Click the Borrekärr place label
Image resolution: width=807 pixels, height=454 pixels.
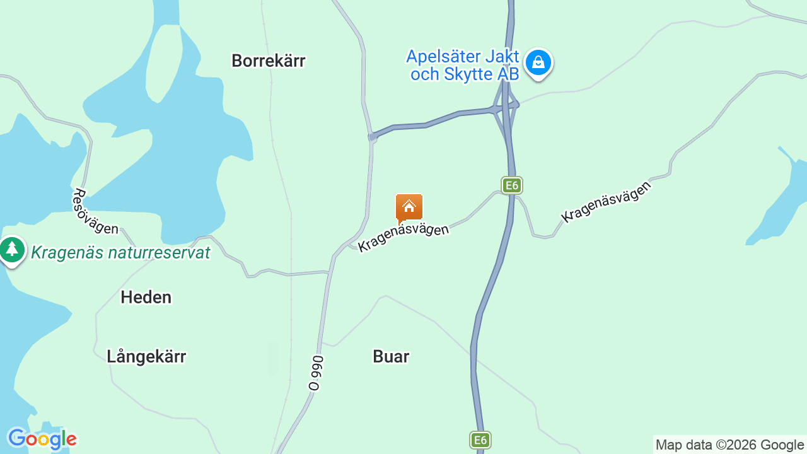(x=268, y=61)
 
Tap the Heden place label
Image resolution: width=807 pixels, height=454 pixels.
(x=146, y=297)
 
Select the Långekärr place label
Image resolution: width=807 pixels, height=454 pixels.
(x=146, y=356)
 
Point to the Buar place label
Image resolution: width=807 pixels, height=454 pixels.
(x=391, y=356)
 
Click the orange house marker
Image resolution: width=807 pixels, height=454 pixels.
(x=409, y=207)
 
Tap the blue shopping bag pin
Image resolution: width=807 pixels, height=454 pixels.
(x=538, y=63)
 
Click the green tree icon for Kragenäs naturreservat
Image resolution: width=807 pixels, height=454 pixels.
(x=12, y=250)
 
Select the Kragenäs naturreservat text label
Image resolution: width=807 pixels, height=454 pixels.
(x=120, y=253)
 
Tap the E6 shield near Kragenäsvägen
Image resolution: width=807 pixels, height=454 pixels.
(x=512, y=185)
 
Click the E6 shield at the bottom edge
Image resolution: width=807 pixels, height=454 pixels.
(x=480, y=440)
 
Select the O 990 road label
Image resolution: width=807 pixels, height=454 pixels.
(x=316, y=373)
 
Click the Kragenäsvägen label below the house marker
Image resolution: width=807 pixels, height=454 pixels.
(x=403, y=237)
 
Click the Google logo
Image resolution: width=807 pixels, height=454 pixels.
(x=42, y=439)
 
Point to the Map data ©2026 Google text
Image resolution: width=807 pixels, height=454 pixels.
(x=729, y=445)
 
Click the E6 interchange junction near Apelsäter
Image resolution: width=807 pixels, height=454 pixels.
(x=506, y=107)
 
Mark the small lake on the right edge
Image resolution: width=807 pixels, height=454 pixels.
(x=782, y=202)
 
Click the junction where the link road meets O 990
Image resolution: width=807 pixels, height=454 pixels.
(x=373, y=136)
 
